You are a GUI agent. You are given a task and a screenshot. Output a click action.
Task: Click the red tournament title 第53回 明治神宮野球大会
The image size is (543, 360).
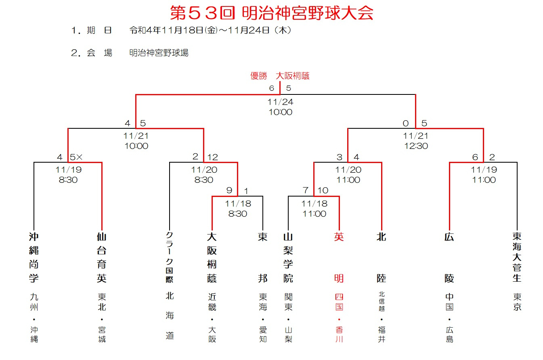tap(271, 13)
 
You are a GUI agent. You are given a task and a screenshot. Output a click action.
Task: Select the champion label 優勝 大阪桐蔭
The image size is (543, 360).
tap(280, 76)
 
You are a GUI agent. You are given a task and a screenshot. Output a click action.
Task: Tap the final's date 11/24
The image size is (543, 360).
tap(281, 102)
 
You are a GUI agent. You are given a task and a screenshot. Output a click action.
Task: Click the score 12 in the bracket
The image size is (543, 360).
tap(213, 157)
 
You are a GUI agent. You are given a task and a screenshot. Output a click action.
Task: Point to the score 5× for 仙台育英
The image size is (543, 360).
tap(76, 157)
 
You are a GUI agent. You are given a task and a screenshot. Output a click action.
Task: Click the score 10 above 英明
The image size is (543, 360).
tap(323, 190)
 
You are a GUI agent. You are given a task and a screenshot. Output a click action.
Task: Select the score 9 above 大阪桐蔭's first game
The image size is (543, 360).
tap(229, 190)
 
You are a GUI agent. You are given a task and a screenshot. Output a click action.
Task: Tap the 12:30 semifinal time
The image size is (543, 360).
tap(416, 146)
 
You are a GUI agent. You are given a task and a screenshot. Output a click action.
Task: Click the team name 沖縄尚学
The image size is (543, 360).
tap(34, 257)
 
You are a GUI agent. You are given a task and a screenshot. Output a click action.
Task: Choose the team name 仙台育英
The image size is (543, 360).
tap(102, 257)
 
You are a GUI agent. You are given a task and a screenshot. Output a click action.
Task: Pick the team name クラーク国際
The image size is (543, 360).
tap(170, 257)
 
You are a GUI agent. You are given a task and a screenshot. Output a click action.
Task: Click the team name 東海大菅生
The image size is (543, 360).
tap(517, 257)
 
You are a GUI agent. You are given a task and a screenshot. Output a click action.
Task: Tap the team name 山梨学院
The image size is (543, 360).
tap(288, 257)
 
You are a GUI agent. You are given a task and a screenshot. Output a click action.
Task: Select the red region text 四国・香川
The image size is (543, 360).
tap(339, 318)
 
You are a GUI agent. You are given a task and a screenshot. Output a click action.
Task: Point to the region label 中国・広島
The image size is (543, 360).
tap(449, 318)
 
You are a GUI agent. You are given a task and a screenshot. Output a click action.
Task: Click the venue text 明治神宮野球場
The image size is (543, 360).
tap(159, 53)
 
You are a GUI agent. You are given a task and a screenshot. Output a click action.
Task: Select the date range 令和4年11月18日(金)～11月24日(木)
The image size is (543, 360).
tap(210, 30)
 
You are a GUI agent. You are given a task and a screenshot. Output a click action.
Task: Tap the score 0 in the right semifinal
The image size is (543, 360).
tap(406, 123)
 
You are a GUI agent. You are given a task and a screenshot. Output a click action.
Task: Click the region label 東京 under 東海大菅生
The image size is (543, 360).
tap(517, 302)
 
